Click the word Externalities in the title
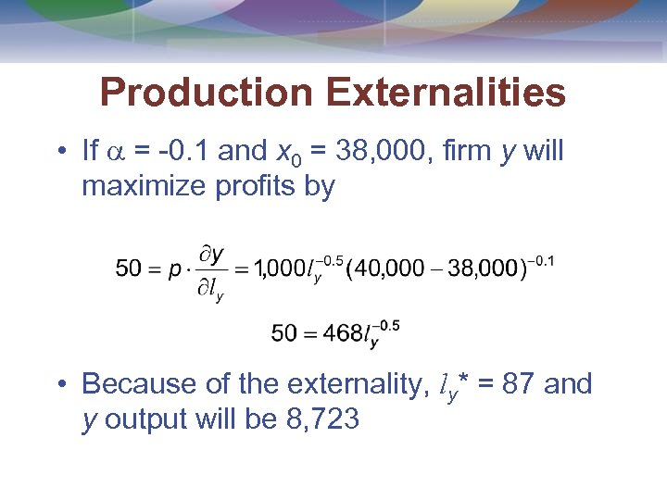(444, 93)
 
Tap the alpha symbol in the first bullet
(117, 152)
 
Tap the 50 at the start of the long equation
(129, 269)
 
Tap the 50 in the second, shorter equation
(284, 332)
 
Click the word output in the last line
(140, 419)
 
